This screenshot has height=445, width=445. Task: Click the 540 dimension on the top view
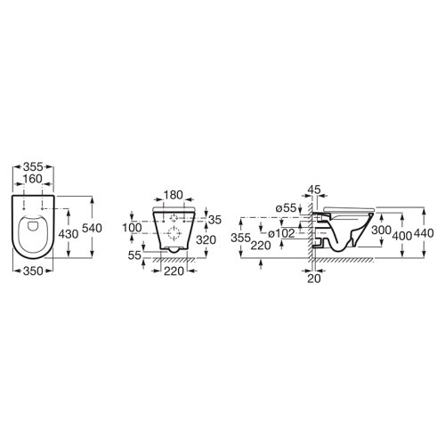92,228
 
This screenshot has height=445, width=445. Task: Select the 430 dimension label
69,234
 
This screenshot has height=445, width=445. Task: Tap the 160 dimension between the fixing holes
33,179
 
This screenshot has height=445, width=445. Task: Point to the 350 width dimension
33,271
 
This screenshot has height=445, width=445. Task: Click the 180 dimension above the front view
174,195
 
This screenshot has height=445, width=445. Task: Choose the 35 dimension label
214,220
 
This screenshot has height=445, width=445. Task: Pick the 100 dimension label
133,228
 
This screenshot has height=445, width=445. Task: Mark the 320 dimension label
206,239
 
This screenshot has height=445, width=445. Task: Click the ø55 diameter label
286,208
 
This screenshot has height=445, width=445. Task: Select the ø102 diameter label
281,234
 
